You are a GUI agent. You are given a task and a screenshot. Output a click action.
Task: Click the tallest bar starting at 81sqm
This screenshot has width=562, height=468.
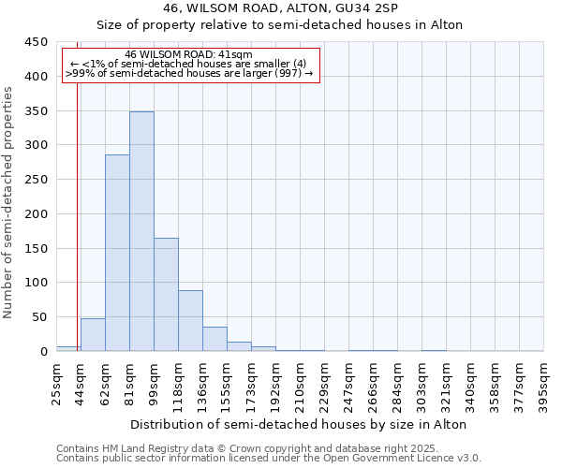click(141, 231)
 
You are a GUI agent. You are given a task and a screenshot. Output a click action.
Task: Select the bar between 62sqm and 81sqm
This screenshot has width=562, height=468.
click(117, 253)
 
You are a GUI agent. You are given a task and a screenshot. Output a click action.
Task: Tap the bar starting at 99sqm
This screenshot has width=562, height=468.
click(166, 295)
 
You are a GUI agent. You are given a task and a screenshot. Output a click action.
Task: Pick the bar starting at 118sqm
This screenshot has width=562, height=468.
click(190, 321)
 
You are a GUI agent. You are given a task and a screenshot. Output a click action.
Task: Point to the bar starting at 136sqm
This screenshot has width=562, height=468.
click(214, 339)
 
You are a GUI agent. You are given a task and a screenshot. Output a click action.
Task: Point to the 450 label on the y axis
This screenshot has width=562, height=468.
click(37, 42)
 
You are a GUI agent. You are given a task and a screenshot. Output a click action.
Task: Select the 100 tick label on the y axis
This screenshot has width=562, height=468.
click(37, 283)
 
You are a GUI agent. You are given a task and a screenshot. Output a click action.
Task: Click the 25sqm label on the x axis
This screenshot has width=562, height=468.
click(56, 383)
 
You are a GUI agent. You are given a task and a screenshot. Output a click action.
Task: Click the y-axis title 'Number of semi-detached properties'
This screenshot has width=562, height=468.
click(9, 201)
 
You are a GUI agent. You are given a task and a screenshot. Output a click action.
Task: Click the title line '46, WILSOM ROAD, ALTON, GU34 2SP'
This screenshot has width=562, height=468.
click(299, 8)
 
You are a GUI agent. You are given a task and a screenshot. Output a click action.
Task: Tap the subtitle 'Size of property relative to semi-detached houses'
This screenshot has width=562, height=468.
click(299, 24)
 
